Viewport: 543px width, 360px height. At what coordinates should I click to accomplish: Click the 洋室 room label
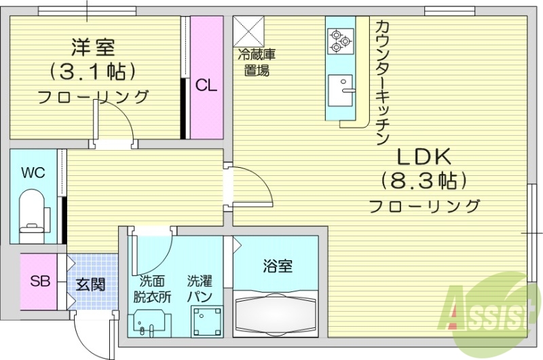pyautogui.click(x=93, y=48)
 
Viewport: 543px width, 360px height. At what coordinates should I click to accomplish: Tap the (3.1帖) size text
pyautogui.click(x=93, y=71)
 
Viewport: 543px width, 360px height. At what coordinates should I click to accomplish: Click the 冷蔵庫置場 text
pyautogui.click(x=256, y=62)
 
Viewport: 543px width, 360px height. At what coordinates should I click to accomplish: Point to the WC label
pyautogui.click(x=33, y=172)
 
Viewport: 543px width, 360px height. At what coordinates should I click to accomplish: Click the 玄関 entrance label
pyautogui.click(x=90, y=284)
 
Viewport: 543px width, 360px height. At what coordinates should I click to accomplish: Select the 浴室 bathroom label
pyautogui.click(x=278, y=266)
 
